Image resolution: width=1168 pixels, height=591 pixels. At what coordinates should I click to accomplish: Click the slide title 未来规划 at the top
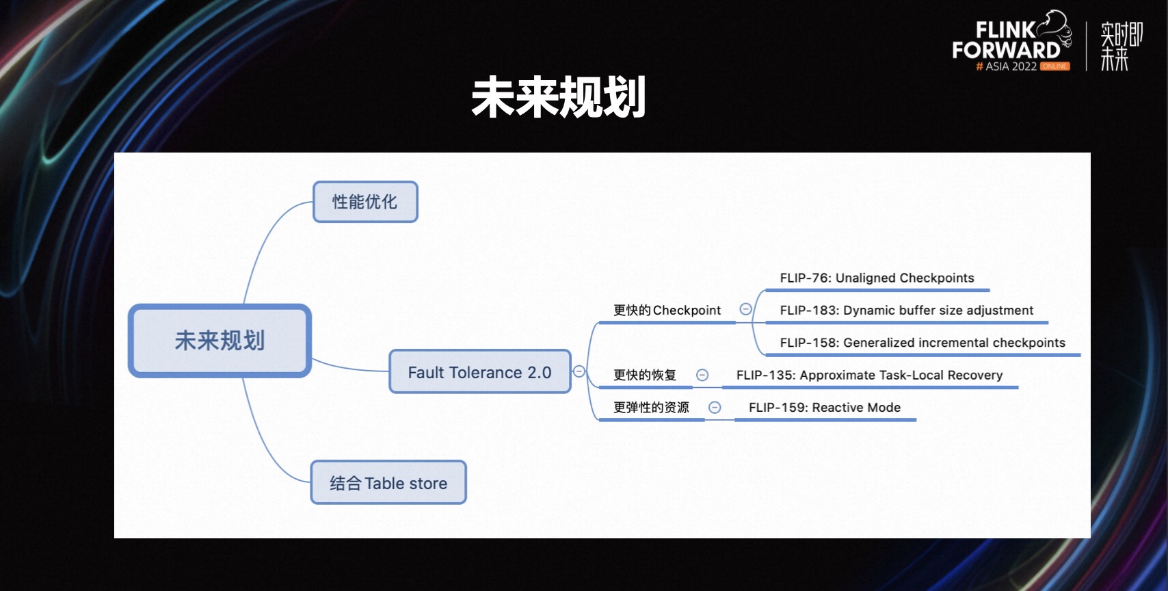click(x=558, y=97)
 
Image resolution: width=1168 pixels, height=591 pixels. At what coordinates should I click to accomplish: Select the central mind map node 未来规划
click(x=220, y=341)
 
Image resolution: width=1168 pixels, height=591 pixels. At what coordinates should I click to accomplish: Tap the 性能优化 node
click(x=365, y=202)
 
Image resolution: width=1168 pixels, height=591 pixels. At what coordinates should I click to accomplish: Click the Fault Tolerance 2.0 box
click(x=479, y=372)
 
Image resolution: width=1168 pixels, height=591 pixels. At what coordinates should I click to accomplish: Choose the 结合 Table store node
click(x=388, y=483)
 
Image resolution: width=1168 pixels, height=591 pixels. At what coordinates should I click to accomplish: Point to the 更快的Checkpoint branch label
click(x=667, y=311)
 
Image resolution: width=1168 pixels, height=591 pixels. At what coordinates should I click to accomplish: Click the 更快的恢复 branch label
click(x=644, y=375)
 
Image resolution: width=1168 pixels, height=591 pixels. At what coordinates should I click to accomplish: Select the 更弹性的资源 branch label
click(x=651, y=408)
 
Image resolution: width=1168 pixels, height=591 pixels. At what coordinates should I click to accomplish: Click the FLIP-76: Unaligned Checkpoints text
click(x=877, y=278)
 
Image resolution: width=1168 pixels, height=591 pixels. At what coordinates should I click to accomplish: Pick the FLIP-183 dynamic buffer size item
click(x=906, y=311)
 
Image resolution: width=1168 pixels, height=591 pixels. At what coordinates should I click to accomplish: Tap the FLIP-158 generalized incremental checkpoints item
click(x=923, y=343)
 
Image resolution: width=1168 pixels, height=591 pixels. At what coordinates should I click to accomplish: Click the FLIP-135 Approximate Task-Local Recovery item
click(x=869, y=375)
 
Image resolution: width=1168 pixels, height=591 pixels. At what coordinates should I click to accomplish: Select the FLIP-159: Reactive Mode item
click(x=824, y=408)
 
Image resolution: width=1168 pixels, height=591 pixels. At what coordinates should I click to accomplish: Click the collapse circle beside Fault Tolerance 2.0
click(x=579, y=371)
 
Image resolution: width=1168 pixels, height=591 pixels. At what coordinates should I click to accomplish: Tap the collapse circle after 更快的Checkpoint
click(x=746, y=309)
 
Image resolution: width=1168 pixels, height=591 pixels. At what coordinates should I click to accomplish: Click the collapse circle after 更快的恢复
click(x=702, y=375)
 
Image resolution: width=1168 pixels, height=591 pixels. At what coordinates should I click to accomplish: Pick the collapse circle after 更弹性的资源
click(x=715, y=407)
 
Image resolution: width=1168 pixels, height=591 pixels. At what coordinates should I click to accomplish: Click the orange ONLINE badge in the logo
click(x=1054, y=66)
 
